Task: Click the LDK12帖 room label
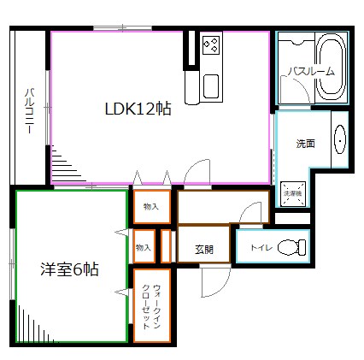tap(137, 109)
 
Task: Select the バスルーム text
tap(310, 71)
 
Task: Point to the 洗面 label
tap(305, 143)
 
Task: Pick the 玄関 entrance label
tap(203, 249)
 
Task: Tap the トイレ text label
tap(261, 249)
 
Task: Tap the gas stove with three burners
tap(211, 45)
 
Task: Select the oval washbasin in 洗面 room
tap(338, 141)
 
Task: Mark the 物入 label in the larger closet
tap(150, 207)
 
